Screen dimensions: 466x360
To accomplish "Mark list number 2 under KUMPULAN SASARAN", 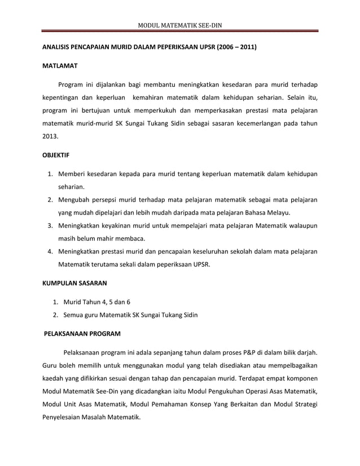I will tap(55, 314).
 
